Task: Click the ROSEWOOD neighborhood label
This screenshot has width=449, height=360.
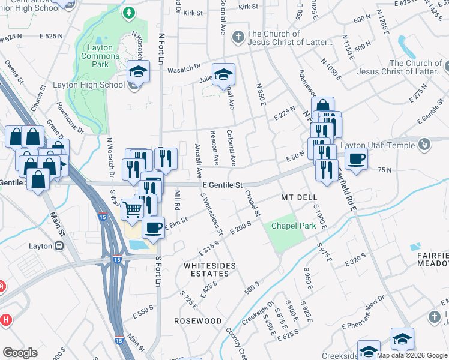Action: [198, 321]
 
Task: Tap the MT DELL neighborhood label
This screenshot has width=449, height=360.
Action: [298, 197]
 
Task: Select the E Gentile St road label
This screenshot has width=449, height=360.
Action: [222, 185]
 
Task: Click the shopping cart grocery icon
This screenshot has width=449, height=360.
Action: [131, 209]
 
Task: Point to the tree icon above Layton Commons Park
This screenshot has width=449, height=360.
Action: [128, 13]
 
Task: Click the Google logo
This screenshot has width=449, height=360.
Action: [20, 353]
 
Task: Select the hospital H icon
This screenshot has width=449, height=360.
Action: [5, 320]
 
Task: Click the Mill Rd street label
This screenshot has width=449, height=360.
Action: [178, 199]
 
